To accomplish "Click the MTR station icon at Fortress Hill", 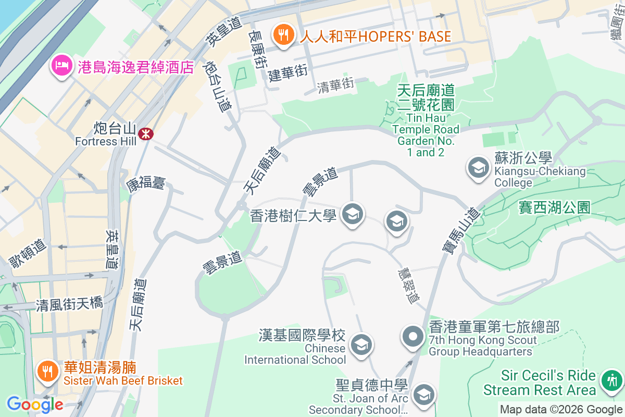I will [x=145, y=134].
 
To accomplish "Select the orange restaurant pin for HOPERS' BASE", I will [x=283, y=35].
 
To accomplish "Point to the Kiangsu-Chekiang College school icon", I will [x=478, y=167].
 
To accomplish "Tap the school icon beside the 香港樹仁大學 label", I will [x=353, y=214].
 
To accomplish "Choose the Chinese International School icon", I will [x=360, y=344].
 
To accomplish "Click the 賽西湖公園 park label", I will [x=554, y=207].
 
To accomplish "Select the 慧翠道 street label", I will [x=409, y=286].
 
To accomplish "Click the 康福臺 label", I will [x=145, y=183].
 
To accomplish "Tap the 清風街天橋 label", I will [x=69, y=304].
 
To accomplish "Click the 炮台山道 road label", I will [x=219, y=87].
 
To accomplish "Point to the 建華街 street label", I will [x=288, y=73].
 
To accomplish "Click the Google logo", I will [x=35, y=404].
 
